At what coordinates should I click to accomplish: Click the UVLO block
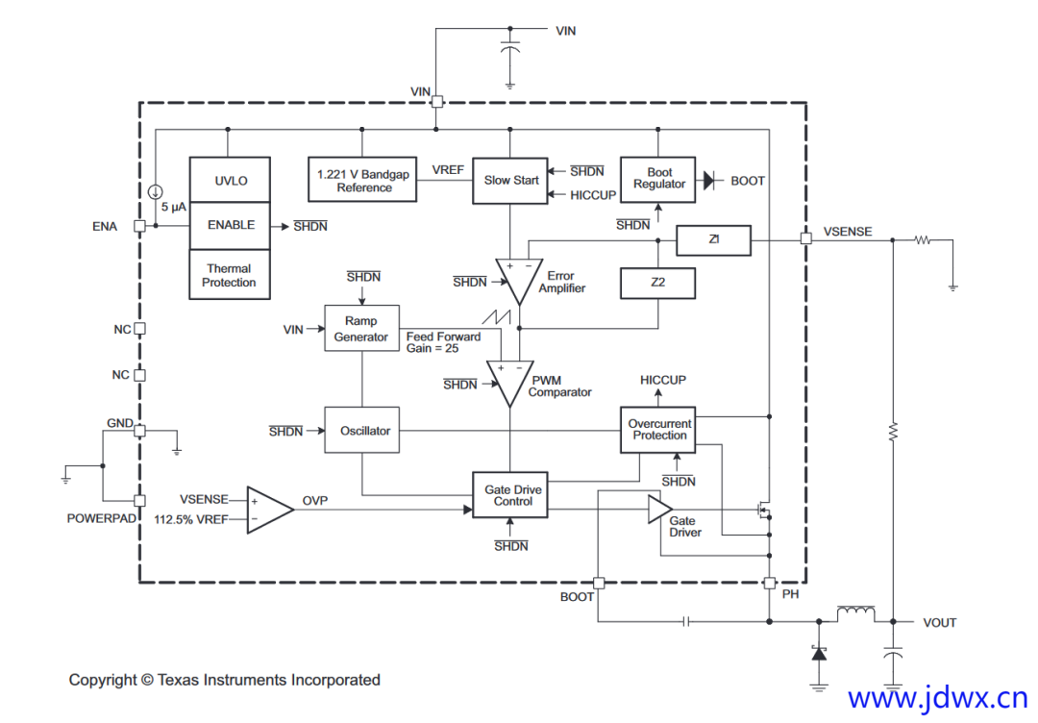click(x=230, y=180)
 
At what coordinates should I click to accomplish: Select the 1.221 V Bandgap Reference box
click(x=363, y=180)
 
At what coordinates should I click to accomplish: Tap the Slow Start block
click(x=510, y=180)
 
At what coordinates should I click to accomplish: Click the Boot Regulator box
click(x=658, y=179)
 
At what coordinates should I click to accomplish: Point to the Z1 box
click(x=713, y=239)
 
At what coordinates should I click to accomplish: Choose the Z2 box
click(x=658, y=283)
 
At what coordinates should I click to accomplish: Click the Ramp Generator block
click(x=360, y=329)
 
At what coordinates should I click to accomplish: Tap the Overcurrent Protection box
click(x=658, y=430)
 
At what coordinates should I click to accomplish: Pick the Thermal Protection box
click(x=230, y=276)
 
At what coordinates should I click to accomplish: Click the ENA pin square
click(x=139, y=226)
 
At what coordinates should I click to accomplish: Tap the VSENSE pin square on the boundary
click(x=805, y=238)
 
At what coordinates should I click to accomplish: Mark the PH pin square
click(x=769, y=583)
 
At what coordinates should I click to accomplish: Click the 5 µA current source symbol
click(x=156, y=191)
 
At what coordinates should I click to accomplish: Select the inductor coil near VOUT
click(x=856, y=612)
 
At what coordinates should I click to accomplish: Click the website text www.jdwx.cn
click(x=937, y=697)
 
